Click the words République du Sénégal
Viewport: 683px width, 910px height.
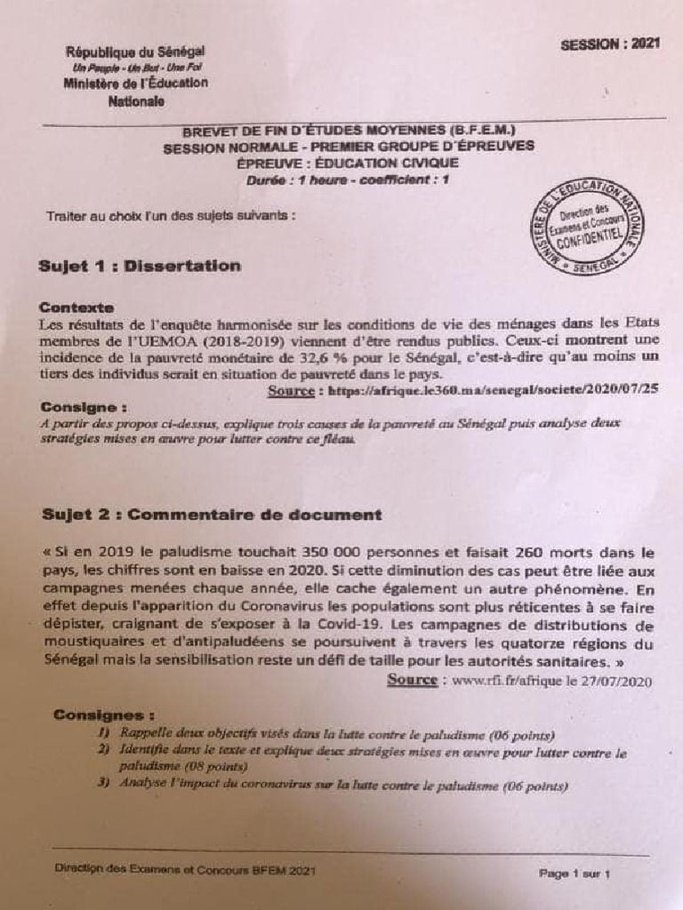(x=135, y=52)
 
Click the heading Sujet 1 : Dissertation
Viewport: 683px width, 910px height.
(x=140, y=266)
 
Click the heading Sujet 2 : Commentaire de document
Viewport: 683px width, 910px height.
(x=212, y=515)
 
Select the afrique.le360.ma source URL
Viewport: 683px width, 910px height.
(x=493, y=390)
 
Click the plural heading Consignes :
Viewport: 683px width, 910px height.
(x=104, y=714)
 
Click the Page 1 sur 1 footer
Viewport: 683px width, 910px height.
(x=574, y=874)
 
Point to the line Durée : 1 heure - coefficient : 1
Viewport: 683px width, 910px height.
(x=348, y=180)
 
